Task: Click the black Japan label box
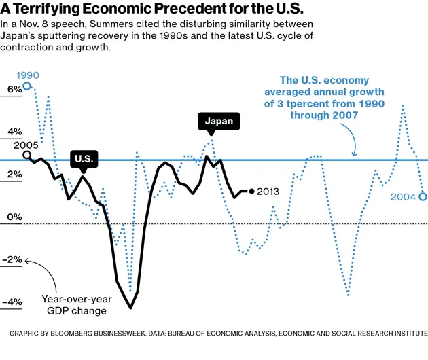pos(219,122)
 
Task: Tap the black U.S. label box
pos(84,160)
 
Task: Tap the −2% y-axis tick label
pos(12,259)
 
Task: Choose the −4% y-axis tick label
pos(12,302)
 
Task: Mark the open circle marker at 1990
pos(26,86)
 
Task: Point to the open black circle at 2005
pos(26,155)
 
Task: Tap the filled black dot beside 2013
pos(252,192)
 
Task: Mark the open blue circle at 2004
pos(423,197)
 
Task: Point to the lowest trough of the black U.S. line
pos(130,308)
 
